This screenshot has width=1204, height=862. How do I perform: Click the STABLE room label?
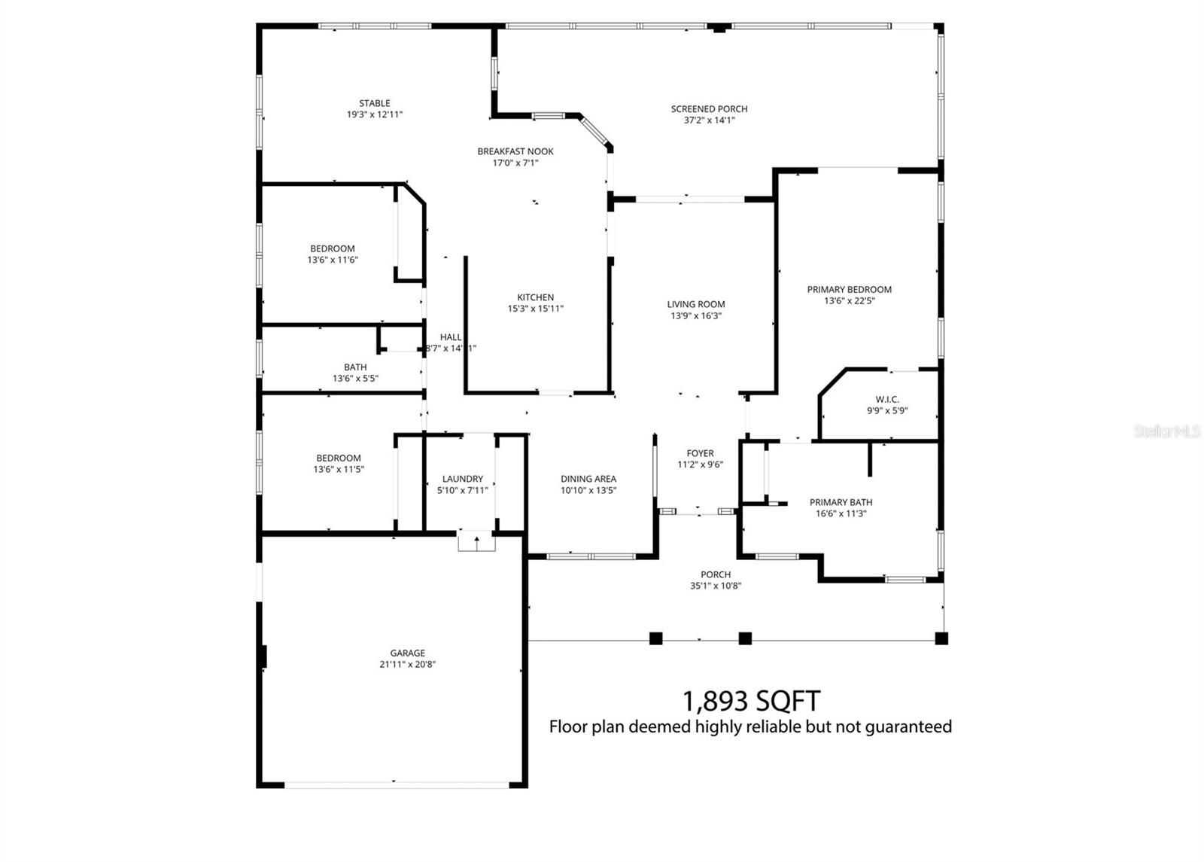pos(374,103)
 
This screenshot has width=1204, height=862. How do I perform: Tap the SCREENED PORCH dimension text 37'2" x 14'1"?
pos(709,120)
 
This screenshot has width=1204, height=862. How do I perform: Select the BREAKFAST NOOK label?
pos(515,151)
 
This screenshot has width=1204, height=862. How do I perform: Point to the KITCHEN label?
pos(535,297)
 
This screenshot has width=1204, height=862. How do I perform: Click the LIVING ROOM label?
pos(696,304)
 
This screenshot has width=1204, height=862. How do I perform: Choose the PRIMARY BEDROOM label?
pos(849,289)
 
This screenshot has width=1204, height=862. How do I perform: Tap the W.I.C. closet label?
pos(887,400)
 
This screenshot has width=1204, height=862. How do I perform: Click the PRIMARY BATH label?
pos(841,502)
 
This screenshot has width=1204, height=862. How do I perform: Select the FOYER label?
pos(700,453)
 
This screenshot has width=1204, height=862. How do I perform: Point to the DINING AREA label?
pos(588,479)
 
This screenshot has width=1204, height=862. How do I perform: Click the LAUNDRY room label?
pos(462,479)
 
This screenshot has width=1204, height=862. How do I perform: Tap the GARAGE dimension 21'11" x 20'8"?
pos(407,665)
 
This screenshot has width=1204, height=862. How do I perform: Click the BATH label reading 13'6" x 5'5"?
pos(355,367)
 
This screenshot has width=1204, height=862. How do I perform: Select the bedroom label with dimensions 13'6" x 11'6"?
pos(332,248)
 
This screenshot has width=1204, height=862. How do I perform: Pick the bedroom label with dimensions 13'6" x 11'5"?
pos(338,458)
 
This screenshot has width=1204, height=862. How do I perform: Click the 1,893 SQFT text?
pos(750,701)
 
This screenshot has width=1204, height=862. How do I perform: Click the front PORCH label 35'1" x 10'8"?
pos(715,574)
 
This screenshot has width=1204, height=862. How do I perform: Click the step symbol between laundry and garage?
pos(476,541)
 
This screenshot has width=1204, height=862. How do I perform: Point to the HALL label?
pos(451,337)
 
